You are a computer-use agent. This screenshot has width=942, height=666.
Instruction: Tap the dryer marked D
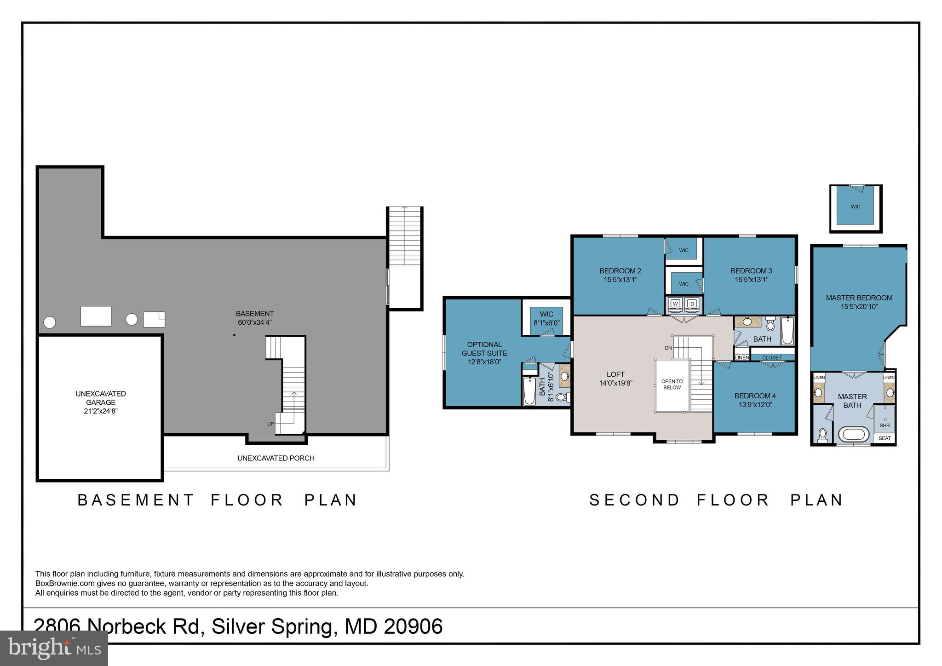[692, 304]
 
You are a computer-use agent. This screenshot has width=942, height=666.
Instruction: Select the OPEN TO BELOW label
[672, 385]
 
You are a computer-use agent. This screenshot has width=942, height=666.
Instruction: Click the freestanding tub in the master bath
[854, 434]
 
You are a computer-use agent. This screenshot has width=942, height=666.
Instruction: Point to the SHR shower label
[885, 425]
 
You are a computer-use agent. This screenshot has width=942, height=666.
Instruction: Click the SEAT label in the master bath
[885, 438]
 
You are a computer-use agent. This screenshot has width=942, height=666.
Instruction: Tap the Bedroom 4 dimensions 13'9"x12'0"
[755, 405]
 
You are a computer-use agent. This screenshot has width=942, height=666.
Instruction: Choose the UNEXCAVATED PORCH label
[276, 458]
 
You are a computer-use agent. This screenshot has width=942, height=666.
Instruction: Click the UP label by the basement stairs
[270, 424]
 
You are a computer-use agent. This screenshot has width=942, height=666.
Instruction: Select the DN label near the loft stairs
[668, 348]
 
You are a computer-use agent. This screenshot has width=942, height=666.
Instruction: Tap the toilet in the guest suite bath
[563, 397]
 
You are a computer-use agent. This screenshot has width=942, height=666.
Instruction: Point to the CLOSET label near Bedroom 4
[771, 357]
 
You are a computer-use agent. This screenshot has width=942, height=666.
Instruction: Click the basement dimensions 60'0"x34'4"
[254, 322]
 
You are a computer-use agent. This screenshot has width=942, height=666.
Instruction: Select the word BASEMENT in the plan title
[136, 500]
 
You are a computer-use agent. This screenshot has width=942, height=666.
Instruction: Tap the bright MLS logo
[54, 649]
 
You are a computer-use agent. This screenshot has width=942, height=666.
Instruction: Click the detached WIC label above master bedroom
[855, 207]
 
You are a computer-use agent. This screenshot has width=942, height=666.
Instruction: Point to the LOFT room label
[615, 374]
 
